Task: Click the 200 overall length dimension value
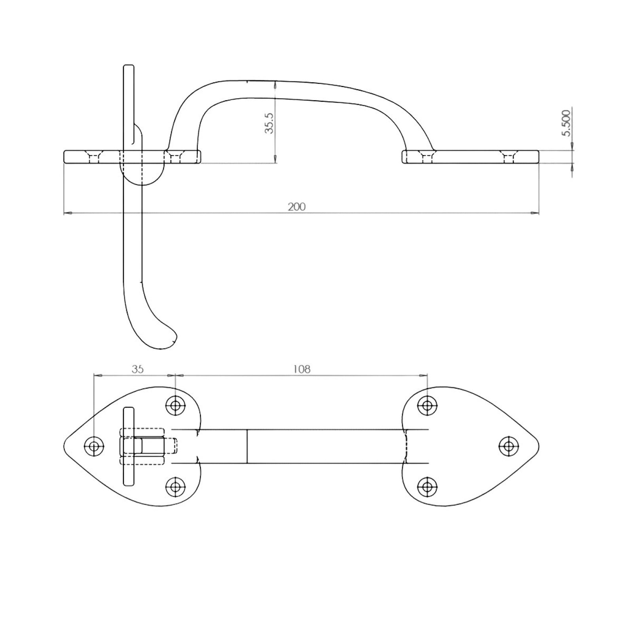[297, 207]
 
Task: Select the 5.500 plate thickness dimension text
[567, 123]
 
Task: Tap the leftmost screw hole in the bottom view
[94, 446]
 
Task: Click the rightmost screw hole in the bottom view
[508, 446]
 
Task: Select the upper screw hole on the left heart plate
[175, 406]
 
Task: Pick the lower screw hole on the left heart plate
[175, 487]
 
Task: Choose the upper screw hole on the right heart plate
[427, 406]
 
